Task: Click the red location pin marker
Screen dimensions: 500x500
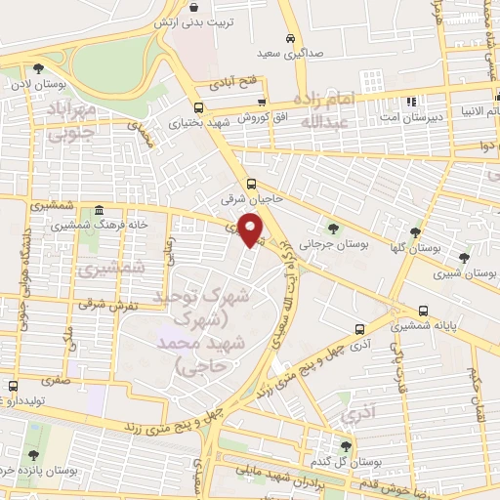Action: tap(251, 229)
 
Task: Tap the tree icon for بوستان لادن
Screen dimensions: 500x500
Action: tap(37, 68)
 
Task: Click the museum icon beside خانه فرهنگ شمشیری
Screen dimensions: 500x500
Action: tap(99, 211)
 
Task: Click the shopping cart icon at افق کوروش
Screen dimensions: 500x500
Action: tap(262, 101)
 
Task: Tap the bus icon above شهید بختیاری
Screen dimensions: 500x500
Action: tap(199, 108)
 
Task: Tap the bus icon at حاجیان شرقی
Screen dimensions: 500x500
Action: tap(251, 183)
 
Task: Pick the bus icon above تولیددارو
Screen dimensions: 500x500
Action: tap(13, 386)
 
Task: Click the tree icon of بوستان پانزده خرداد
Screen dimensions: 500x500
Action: tap(34, 454)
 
